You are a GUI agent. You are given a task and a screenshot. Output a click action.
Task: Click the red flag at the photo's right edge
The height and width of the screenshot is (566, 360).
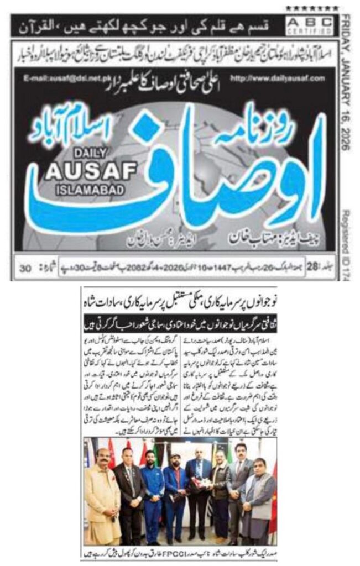click(x=272, y=492)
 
